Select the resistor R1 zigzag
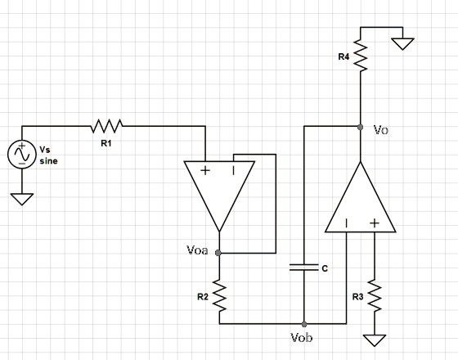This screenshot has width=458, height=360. coord(107,126)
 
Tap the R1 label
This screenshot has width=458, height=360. coord(106,142)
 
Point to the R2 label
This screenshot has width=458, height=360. coord(202,296)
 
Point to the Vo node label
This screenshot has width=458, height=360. coord(380,130)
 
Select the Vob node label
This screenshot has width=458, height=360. coord(301,337)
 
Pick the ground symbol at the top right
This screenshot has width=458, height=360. coord(402,43)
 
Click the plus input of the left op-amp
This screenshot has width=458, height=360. coord(204,171)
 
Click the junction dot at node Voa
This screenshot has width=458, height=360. coord(218,254)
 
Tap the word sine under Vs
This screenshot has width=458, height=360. coord(48,161)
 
